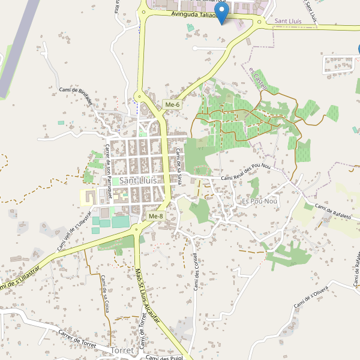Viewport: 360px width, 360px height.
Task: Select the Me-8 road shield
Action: click(x=155, y=216)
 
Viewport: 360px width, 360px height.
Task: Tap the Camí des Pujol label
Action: click(x=163, y=357)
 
